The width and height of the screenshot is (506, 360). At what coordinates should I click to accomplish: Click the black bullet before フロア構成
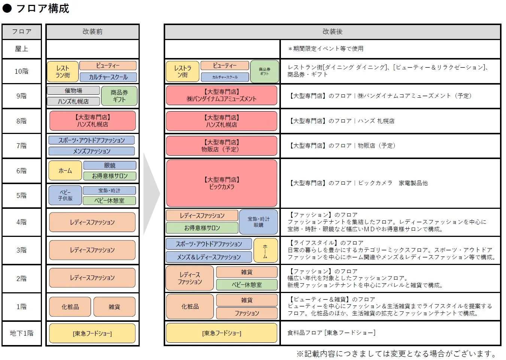(x=7, y=8)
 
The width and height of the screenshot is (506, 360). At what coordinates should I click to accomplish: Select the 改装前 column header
(x=93, y=31)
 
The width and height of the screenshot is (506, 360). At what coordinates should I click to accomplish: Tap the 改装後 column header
(x=333, y=31)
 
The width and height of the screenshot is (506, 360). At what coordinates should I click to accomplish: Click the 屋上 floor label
(x=21, y=49)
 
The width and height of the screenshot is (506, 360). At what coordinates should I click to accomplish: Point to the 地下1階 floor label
(x=21, y=333)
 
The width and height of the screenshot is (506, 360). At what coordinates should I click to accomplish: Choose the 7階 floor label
(x=21, y=146)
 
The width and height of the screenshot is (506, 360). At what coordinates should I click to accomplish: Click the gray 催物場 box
(x=73, y=91)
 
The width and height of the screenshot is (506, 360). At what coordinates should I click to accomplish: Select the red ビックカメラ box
(x=222, y=183)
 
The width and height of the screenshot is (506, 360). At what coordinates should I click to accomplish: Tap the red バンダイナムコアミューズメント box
(x=222, y=95)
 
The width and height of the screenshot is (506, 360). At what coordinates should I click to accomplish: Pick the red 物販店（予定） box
(x=222, y=146)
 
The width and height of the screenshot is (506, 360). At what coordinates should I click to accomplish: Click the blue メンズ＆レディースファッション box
(x=209, y=257)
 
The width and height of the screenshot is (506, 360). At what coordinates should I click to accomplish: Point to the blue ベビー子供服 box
(x=65, y=195)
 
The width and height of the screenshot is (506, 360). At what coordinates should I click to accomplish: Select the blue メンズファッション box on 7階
(x=92, y=151)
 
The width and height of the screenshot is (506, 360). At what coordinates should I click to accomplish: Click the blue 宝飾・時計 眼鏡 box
(x=258, y=222)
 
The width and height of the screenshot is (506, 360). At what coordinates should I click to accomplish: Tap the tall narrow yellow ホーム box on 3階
(x=266, y=250)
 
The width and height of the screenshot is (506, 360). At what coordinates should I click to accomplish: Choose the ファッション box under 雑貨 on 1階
(x=247, y=313)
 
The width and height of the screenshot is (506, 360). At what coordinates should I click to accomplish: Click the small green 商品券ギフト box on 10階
(x=264, y=71)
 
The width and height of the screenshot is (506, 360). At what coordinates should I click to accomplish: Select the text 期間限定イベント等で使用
(x=328, y=49)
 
